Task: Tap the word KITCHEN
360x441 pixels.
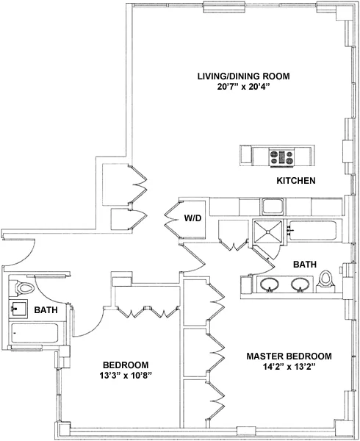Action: (296, 181)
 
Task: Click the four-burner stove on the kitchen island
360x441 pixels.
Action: (283, 156)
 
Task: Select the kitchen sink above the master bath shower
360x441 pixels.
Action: (273, 206)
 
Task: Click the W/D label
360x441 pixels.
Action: (192, 218)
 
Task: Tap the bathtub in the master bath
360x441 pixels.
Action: (313, 231)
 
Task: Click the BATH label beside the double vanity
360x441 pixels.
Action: (304, 264)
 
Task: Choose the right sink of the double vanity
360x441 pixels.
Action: (300, 284)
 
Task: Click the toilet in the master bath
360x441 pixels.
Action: (326, 281)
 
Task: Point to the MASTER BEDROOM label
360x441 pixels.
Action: (289, 356)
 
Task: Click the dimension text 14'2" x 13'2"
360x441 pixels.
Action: (289, 367)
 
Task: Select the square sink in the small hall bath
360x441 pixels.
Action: (19, 309)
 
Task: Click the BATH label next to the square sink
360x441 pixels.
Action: (47, 311)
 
